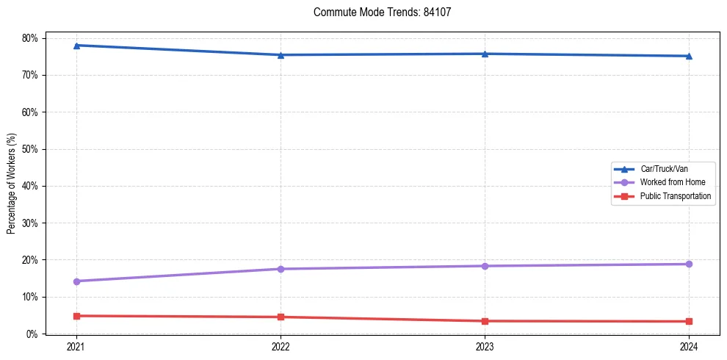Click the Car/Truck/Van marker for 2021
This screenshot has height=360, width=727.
point(76,46)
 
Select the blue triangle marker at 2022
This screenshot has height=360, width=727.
point(281,55)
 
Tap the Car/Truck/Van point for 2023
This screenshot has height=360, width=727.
point(485,54)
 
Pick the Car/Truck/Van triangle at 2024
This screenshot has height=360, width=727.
point(689,56)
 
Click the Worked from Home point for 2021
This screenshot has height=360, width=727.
point(76,281)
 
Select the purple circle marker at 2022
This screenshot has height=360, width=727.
point(281,269)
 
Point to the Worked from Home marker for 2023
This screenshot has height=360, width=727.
point(485,266)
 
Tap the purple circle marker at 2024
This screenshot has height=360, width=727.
point(689,264)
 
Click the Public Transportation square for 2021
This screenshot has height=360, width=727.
point(76,316)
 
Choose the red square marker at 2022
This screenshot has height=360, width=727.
point(281,317)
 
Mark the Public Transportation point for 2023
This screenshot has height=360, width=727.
point(485,321)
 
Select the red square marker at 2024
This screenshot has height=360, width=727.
point(689,321)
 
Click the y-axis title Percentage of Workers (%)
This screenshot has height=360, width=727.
point(12,184)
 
